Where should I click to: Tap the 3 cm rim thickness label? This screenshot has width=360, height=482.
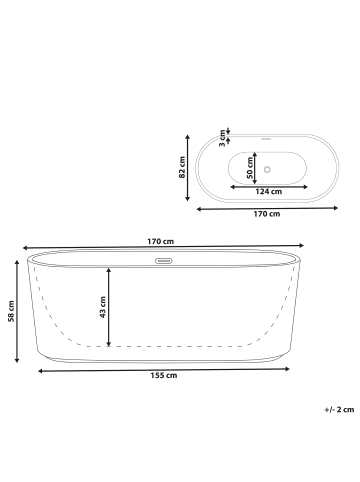221,136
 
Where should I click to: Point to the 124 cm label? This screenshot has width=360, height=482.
267,191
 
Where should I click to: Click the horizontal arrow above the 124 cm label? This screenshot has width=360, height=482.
267,183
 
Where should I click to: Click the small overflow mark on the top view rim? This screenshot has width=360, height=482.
267,138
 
